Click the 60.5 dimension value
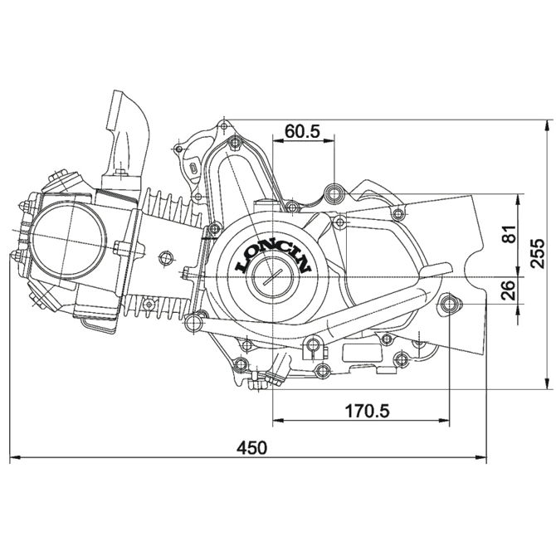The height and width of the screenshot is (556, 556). click(x=302, y=131)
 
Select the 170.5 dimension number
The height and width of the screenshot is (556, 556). click(x=367, y=411)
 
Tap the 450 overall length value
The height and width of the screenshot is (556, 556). click(x=251, y=447)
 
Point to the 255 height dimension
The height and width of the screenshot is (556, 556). click(x=538, y=253)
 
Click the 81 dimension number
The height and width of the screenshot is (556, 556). click(x=510, y=234)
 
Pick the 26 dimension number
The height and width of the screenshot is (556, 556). click(x=510, y=290)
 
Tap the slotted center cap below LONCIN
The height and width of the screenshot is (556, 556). click(x=272, y=276)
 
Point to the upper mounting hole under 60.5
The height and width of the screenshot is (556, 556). click(x=334, y=193)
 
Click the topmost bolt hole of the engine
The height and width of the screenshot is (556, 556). click(x=223, y=125)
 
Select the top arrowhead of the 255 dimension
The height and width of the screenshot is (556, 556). click(x=549, y=125)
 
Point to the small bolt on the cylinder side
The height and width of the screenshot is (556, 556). click(x=165, y=257)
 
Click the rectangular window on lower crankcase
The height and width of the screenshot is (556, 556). click(x=362, y=353)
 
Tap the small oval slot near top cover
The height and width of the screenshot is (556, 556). click(x=193, y=168)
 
